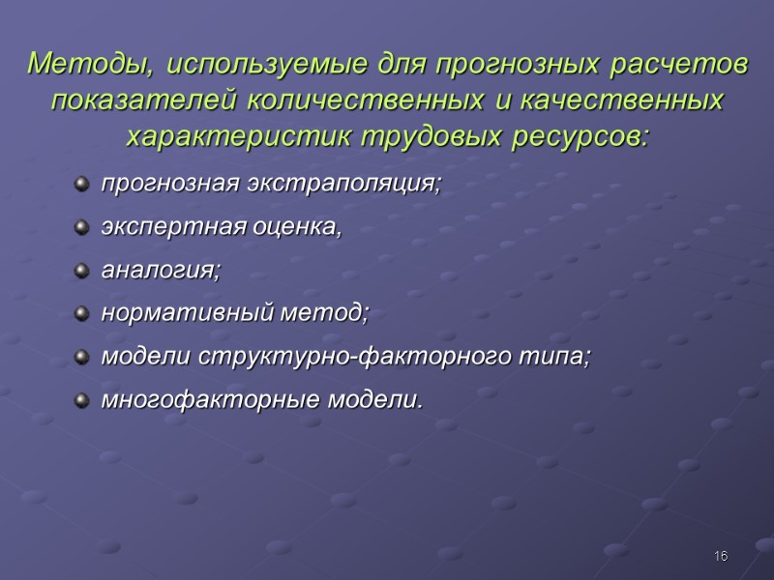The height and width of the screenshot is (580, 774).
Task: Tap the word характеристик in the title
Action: [x=239, y=136]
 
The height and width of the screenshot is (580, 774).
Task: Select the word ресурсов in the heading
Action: [x=583, y=136]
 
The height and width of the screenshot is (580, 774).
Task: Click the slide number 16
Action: [x=721, y=556]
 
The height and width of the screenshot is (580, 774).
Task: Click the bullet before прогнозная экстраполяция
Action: [x=81, y=182]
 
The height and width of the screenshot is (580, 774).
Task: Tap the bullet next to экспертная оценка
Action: [x=81, y=226]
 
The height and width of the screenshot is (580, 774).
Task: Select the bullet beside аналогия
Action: [x=81, y=270]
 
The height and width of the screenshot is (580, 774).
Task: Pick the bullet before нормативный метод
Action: [x=81, y=313]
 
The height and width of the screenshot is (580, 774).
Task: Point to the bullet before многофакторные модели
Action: [x=81, y=398]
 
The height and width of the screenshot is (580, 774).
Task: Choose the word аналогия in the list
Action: [x=161, y=272]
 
